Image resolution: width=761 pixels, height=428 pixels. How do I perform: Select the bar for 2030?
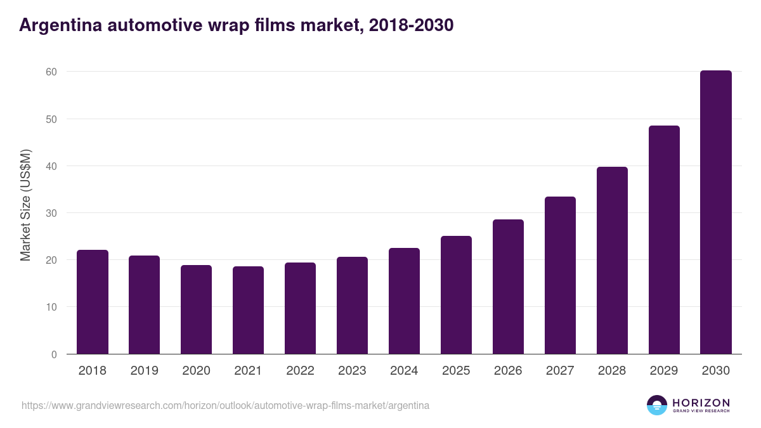(716, 212)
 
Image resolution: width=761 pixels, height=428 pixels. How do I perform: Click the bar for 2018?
(93, 302)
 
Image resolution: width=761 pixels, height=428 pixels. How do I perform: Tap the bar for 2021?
(248, 310)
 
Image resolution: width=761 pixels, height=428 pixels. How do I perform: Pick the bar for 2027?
(560, 275)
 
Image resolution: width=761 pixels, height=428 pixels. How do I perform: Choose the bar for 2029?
(664, 240)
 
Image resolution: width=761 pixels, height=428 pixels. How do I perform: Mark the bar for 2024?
(404, 301)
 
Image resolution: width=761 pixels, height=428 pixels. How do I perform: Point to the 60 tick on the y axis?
(51, 72)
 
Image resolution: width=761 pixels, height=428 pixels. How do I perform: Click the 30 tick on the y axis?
(51, 213)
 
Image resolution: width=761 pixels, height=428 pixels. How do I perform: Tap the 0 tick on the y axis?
(55, 354)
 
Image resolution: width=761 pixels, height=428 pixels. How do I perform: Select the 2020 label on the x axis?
(196, 371)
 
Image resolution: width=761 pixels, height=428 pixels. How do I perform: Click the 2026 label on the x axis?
(508, 371)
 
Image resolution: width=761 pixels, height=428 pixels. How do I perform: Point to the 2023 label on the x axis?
(352, 371)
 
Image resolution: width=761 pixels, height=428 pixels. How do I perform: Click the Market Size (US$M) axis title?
(25, 205)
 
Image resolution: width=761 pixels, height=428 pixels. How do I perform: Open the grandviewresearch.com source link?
(225, 405)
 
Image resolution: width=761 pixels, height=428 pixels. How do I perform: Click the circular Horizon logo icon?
(657, 405)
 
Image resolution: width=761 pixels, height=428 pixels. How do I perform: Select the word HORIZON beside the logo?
(701, 403)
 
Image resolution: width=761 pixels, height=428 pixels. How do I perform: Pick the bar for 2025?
(456, 295)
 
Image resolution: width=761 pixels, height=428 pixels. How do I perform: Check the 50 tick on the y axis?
(51, 119)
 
